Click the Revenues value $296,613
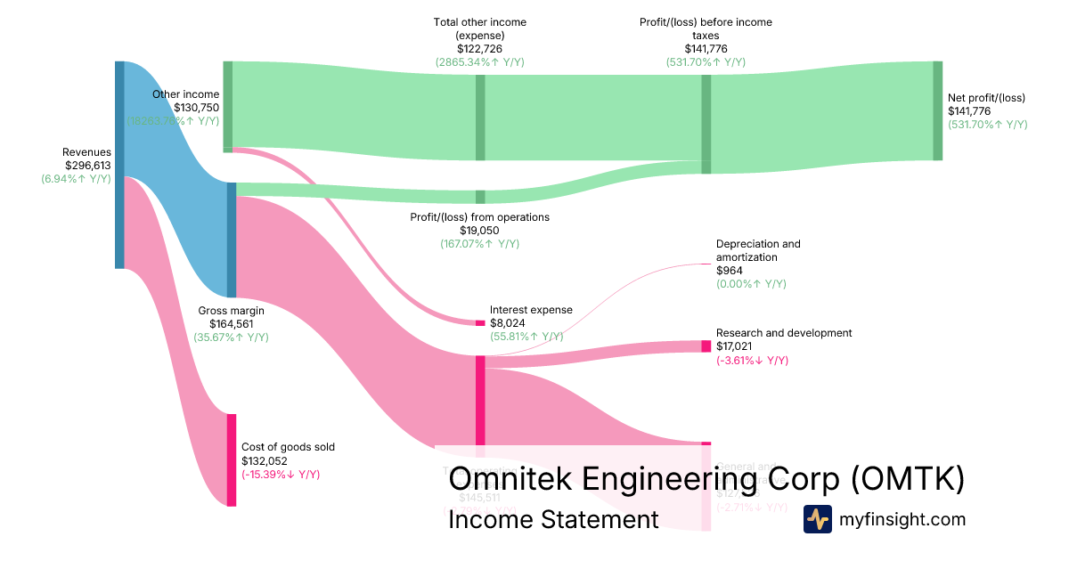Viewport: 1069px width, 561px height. point(87,165)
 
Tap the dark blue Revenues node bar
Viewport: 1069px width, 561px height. point(119,165)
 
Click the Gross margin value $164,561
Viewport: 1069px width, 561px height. point(232,324)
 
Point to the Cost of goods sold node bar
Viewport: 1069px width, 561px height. point(232,459)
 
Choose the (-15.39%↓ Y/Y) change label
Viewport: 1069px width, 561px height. point(281,475)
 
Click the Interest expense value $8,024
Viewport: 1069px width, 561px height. point(510,323)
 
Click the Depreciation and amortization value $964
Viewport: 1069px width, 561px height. point(730,271)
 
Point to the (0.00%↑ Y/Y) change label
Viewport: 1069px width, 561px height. point(751,284)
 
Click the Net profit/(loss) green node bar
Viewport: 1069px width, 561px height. point(937,110)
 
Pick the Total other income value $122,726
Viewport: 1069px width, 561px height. point(479,49)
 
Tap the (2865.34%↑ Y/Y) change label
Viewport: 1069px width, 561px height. point(479,62)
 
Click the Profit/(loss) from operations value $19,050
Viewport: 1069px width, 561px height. point(479,231)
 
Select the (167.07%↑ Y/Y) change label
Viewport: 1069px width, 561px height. point(479,244)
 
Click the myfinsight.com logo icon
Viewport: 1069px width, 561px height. point(818,519)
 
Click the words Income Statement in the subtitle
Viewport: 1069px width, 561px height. point(553,519)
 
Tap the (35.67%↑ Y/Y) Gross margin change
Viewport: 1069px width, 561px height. point(232,337)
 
